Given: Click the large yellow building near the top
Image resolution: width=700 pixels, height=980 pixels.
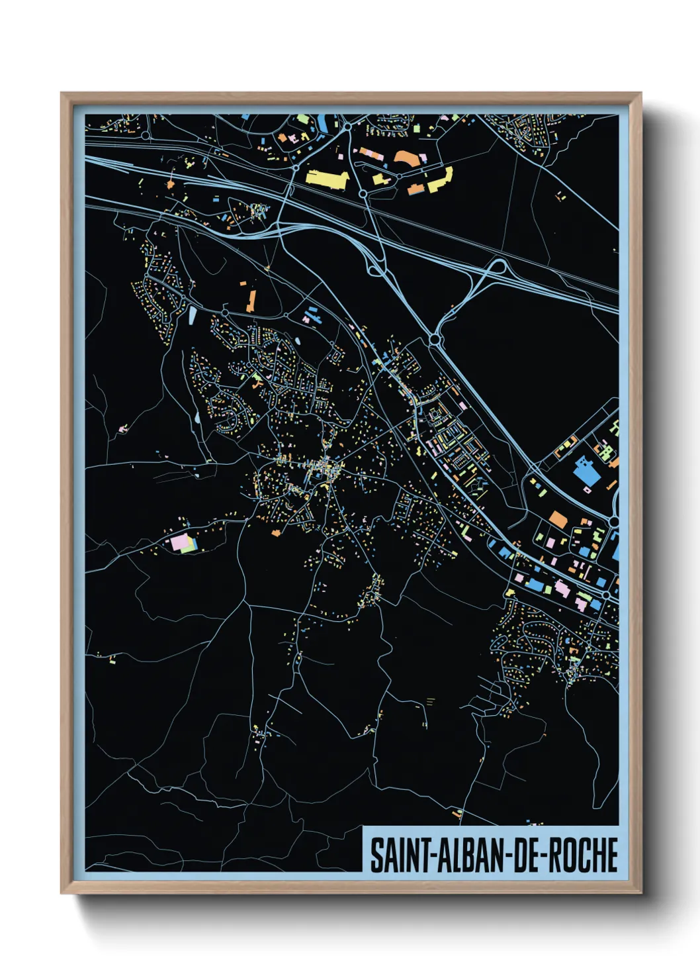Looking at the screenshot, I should (327, 177).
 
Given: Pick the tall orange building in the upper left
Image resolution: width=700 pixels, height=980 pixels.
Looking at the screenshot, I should (251, 300).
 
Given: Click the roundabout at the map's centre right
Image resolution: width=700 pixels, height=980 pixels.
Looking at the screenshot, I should (435, 340).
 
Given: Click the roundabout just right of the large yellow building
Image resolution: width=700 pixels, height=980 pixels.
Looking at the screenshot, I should (363, 194).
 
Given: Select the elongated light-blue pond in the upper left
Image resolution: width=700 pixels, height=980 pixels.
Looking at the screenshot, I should (193, 314).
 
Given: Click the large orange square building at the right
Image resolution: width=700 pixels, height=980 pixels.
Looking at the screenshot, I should (558, 519).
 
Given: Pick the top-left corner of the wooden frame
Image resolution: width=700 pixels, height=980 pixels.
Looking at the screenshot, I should (62, 94).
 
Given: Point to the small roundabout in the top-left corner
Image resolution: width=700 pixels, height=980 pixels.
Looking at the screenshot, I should (145, 135).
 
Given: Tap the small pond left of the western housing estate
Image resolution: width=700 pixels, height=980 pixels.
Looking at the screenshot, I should (197, 418).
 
